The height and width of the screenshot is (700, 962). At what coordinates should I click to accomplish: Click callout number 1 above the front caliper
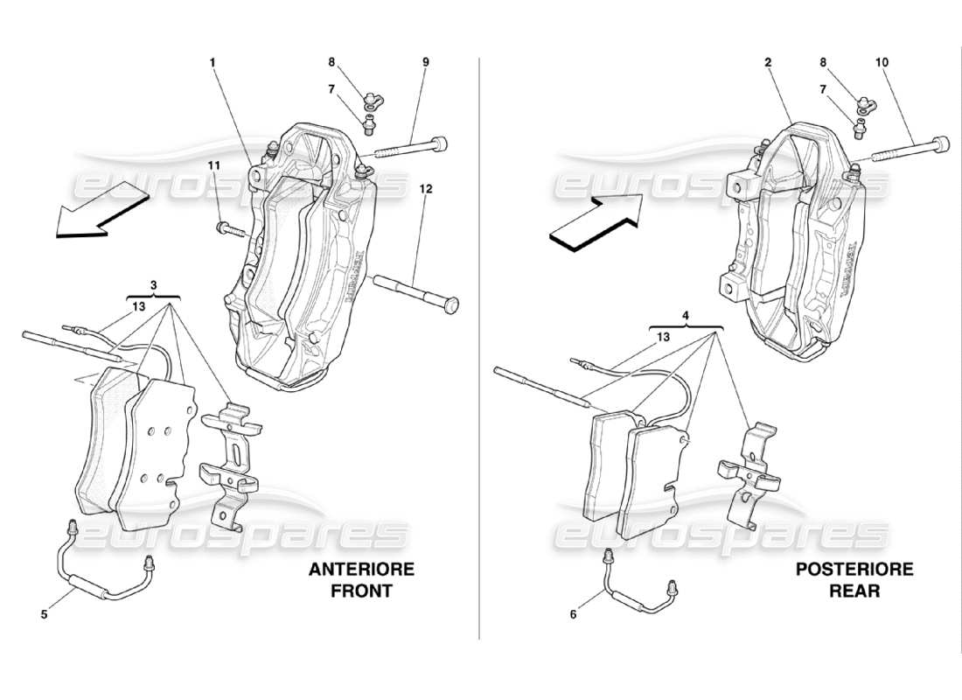coord(212,62)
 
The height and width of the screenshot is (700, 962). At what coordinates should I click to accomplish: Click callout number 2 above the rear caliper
coord(767,62)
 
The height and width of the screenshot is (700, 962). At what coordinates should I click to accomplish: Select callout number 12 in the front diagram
coord(427,188)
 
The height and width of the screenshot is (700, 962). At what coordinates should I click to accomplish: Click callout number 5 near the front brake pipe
coord(44,615)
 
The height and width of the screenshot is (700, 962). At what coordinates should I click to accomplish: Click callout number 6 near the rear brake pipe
coord(574,615)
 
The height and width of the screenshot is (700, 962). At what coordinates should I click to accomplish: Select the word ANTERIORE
coord(361,570)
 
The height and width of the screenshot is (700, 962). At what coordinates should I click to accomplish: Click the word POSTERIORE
coord(854,570)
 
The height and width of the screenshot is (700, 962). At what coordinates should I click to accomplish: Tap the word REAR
coord(855,591)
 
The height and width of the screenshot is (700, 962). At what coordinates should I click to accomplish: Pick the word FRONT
coord(361,591)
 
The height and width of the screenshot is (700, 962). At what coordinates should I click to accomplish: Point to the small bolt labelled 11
coord(229,230)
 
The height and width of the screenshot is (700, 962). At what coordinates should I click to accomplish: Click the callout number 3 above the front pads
coord(153,285)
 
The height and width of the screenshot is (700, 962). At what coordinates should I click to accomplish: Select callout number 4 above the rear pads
coord(686,315)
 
